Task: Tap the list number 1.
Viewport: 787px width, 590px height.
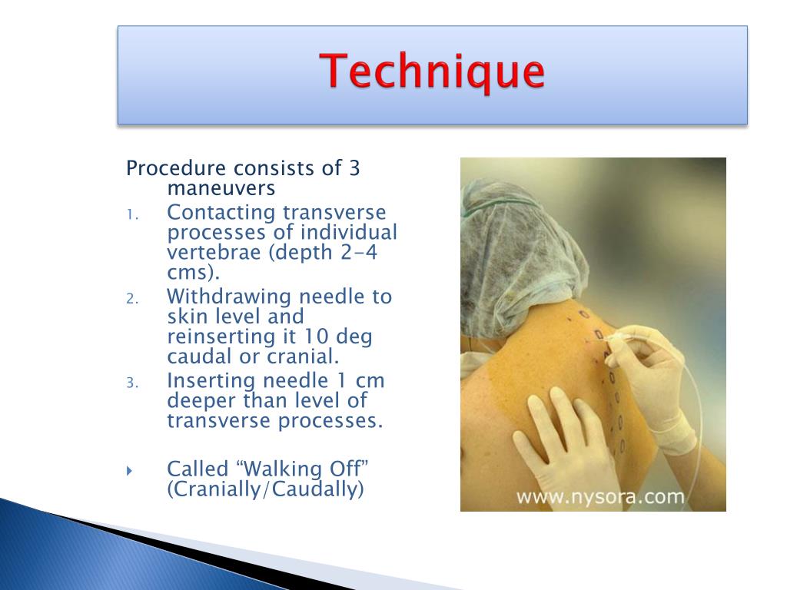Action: pyautogui.click(x=131, y=215)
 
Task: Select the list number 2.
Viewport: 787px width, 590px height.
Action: pyautogui.click(x=132, y=300)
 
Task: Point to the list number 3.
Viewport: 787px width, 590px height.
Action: pyautogui.click(x=132, y=384)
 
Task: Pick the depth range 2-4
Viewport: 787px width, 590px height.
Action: pyautogui.click(x=358, y=252)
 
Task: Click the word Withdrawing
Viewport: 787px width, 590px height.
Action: pyautogui.click(x=230, y=297)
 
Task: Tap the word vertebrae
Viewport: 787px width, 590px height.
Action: pyautogui.click(x=214, y=252)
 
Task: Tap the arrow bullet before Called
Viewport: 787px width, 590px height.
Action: pyautogui.click(x=129, y=471)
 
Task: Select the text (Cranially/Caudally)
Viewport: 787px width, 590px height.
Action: pyautogui.click(x=265, y=489)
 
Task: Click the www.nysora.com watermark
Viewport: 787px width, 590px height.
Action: pyautogui.click(x=600, y=497)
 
